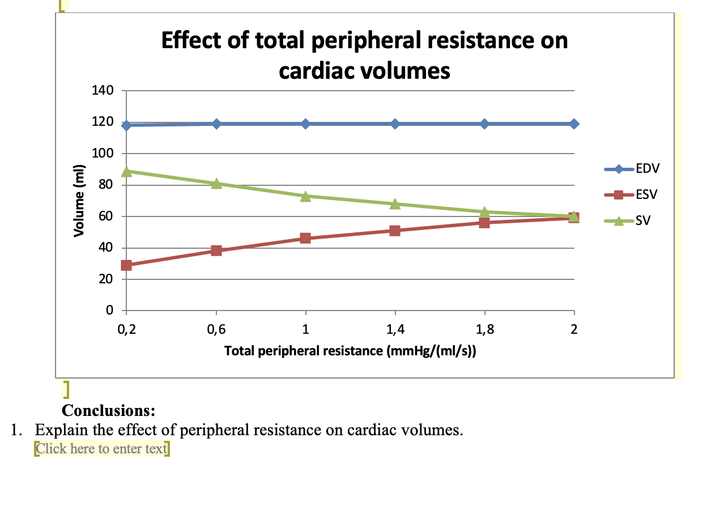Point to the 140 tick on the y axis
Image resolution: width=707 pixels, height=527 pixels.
tap(103, 91)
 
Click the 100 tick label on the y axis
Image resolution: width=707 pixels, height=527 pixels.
tap(103, 154)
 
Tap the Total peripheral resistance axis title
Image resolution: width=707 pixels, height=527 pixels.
tap(350, 351)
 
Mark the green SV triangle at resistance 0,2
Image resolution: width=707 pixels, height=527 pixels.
tap(126, 171)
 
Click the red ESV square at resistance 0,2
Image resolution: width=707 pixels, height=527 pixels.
tap(126, 265)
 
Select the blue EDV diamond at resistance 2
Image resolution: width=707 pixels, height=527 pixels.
tap(574, 124)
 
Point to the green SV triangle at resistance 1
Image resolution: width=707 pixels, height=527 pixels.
tap(305, 197)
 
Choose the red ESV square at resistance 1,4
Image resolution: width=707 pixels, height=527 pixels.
tap(395, 231)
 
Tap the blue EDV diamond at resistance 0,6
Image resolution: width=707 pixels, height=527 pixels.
tap(216, 124)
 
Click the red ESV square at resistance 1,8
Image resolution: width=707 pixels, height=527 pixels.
tap(484, 223)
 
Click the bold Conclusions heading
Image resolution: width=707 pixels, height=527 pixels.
tap(109, 410)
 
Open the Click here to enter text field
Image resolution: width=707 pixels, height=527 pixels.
tap(101, 449)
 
